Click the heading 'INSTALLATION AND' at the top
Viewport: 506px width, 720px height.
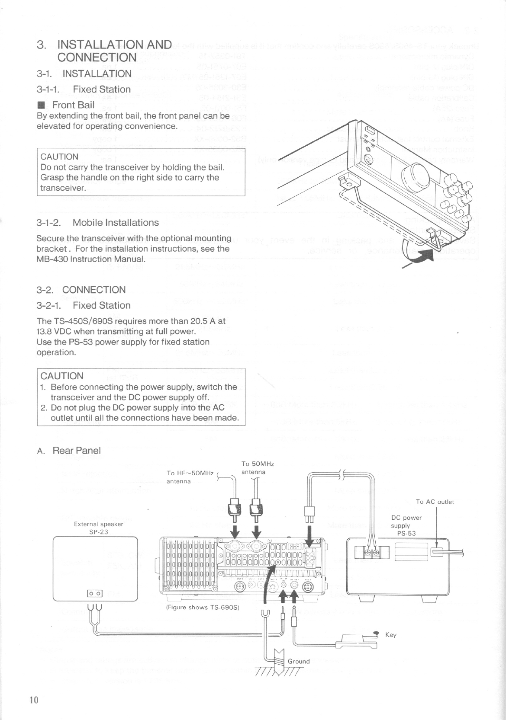point(115,45)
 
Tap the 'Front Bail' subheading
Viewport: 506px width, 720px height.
point(73,105)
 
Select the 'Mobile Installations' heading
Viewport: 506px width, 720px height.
point(116,223)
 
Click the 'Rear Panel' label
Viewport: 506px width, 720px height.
point(76,450)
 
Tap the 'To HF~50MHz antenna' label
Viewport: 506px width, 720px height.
point(190,477)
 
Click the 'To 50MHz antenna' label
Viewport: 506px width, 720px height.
point(258,468)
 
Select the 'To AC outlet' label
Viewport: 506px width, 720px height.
point(435,502)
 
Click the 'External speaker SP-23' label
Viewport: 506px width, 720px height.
point(99,528)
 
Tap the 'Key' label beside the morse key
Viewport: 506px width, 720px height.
point(390,635)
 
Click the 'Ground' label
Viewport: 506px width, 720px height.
point(299,661)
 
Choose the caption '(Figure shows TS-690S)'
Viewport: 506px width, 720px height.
point(203,607)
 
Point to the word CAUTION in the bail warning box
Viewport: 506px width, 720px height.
point(59,157)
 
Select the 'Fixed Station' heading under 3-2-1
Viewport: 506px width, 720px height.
point(102,305)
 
